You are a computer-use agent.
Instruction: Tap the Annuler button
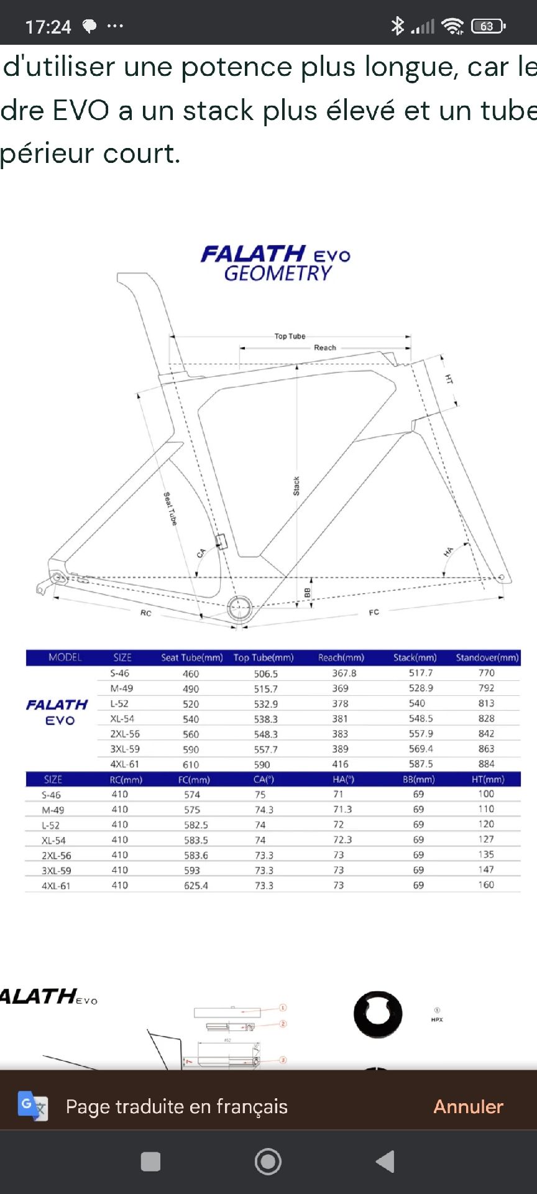(468, 1106)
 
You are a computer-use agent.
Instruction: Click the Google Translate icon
(32, 1106)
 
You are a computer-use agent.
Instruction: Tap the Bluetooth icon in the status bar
(397, 25)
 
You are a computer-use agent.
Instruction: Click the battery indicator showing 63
(488, 26)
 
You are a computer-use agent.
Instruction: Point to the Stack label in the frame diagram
(296, 486)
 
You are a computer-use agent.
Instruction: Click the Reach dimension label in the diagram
(324, 348)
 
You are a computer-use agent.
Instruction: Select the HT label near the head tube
(449, 379)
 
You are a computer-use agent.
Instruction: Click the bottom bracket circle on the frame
(239, 608)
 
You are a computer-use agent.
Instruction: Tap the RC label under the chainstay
(145, 613)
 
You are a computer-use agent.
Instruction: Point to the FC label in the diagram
(374, 613)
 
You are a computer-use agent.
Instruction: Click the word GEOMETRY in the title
(278, 274)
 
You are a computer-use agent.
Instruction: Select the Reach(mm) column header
(341, 657)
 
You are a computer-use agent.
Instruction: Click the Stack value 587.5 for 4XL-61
(421, 764)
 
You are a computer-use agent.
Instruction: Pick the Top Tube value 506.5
(265, 673)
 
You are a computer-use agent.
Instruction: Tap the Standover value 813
(486, 703)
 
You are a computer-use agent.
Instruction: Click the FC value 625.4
(196, 886)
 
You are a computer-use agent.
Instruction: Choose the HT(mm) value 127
(486, 840)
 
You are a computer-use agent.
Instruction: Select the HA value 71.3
(342, 809)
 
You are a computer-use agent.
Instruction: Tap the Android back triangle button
(385, 1162)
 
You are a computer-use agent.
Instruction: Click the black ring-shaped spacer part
(378, 1014)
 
